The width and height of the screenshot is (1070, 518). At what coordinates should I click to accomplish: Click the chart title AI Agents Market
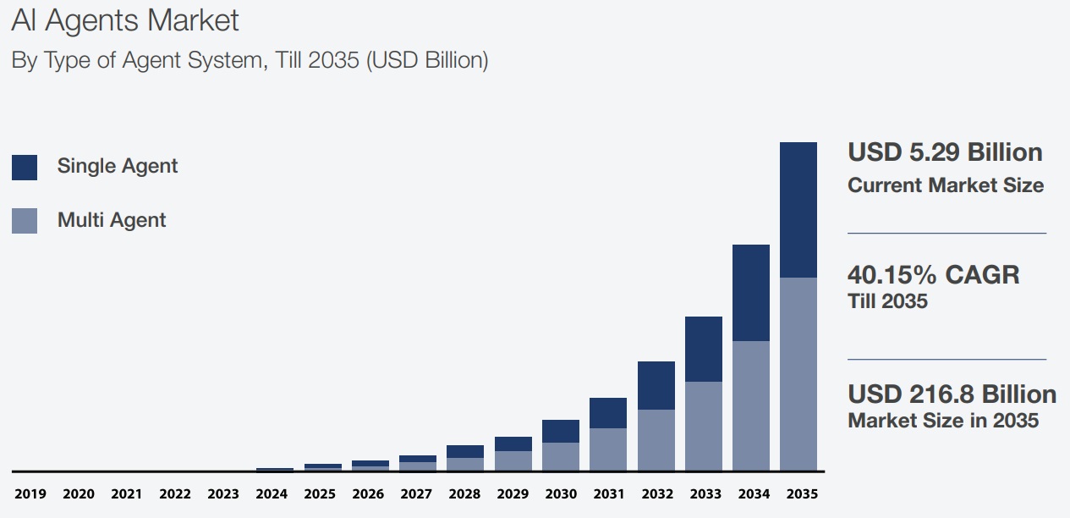point(125,21)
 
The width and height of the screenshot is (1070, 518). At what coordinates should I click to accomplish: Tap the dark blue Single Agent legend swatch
point(25,167)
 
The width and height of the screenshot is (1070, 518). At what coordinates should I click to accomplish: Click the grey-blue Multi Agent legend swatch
point(25,221)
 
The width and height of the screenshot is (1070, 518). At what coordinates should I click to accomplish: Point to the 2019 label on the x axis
point(30,494)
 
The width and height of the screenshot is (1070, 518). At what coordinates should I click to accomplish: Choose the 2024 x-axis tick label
point(272,494)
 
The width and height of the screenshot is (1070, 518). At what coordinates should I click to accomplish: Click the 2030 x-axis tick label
point(561,494)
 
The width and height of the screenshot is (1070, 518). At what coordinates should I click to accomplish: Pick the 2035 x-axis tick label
point(801,494)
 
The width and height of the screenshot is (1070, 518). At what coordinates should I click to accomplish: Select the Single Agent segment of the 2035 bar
point(798,210)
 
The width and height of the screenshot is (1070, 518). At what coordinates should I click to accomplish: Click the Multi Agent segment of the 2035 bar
point(798,373)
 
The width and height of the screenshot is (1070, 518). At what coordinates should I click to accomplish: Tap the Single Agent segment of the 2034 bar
point(751,293)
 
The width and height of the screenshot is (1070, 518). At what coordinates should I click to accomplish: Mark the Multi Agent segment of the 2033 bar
point(704,426)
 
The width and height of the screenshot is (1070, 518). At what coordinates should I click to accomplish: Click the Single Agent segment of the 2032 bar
point(656,385)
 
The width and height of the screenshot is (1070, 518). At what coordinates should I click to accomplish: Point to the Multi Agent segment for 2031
point(608,449)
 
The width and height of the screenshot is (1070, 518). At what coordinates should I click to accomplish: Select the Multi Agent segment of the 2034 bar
point(751,405)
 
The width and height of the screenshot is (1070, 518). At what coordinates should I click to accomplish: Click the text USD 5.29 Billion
point(945,153)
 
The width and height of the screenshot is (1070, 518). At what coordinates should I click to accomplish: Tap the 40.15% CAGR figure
point(933,275)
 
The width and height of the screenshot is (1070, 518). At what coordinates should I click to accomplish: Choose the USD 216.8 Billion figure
point(952,394)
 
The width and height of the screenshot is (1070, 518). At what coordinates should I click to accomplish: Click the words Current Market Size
point(946,185)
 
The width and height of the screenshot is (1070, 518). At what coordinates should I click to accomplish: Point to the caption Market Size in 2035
point(943,420)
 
